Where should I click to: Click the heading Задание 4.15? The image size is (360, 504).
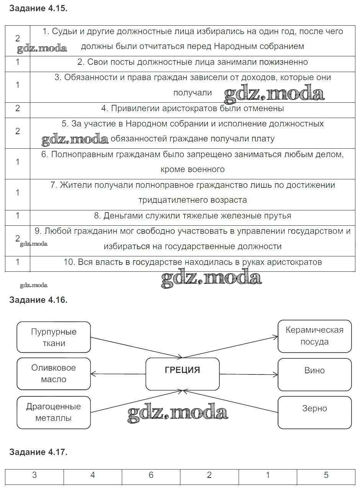[38, 8]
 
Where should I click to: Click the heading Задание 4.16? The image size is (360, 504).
[38, 300]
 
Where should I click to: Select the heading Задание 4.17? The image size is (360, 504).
[38, 452]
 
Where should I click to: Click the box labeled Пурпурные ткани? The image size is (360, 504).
[54, 337]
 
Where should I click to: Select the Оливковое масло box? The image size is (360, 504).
[54, 374]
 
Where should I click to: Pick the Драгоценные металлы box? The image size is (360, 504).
[54, 412]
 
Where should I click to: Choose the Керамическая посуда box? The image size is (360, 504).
[314, 336]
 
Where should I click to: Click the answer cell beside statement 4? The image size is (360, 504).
[18, 108]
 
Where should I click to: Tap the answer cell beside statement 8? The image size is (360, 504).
[18, 216]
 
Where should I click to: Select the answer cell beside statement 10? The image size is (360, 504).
[18, 262]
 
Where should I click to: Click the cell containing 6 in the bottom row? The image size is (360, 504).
[151, 475]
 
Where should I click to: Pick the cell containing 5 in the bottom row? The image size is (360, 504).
[326, 475]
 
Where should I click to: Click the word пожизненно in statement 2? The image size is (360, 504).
[283, 62]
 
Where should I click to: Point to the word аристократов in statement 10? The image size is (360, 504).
[294, 262]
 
